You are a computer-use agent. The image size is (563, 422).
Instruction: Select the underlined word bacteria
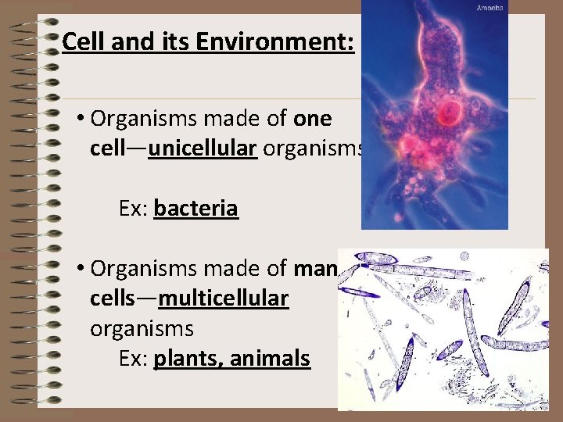195,209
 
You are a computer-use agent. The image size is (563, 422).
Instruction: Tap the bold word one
313,119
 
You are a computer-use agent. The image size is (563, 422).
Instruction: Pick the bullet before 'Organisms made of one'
81,120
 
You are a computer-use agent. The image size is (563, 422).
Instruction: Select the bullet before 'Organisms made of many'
81,269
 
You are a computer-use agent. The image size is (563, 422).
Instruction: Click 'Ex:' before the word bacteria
134,209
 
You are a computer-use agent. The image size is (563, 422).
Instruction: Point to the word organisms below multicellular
142,328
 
